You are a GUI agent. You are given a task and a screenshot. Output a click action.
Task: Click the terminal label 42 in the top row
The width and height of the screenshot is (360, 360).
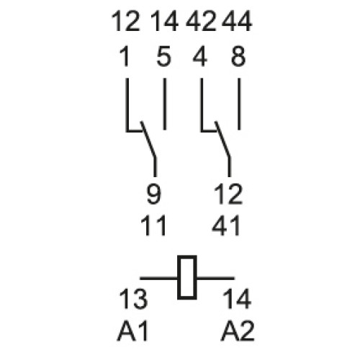tap(201, 22)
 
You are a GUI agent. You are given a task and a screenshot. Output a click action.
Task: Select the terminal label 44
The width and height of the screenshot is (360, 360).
tap(237, 22)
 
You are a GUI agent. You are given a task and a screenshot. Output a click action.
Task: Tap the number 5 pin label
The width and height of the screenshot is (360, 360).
tap(164, 56)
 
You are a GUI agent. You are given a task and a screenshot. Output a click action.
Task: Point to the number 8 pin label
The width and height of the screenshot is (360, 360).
tap(238, 56)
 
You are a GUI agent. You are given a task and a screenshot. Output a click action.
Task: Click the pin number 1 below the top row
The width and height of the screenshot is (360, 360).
tap(125, 56)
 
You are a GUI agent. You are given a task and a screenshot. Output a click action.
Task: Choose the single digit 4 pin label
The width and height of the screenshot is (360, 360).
tap(200, 56)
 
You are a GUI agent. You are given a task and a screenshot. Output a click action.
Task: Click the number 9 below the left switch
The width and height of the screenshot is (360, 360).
tap(154, 194)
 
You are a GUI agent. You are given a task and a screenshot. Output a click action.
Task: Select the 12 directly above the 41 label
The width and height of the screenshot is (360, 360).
tap(228, 194)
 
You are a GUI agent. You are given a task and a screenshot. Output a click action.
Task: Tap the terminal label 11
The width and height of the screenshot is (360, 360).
tap(153, 225)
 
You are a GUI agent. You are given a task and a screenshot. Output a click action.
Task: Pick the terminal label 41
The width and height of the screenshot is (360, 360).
tap(226, 225)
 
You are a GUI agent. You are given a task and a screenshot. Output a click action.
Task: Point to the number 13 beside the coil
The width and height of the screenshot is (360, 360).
tap(133, 299)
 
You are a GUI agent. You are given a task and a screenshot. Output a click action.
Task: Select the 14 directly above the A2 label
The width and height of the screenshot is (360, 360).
tap(237, 299)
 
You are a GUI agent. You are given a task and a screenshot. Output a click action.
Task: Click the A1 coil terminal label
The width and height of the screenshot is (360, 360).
tap(132, 331)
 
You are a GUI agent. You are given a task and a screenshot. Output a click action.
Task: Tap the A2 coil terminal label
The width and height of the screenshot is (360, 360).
tap(238, 331)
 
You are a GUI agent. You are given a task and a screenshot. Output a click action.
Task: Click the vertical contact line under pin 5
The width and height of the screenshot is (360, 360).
tap(165, 104)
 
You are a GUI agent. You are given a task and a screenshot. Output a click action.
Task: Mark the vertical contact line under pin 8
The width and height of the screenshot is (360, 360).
tap(239, 104)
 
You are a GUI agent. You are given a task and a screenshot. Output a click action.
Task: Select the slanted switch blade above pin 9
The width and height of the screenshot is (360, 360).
tap(148, 139)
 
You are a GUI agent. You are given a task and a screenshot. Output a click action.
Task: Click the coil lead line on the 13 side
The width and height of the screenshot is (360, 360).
tap(159, 279)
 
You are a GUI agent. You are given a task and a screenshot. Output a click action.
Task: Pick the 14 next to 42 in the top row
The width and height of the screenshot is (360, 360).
tap(164, 22)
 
